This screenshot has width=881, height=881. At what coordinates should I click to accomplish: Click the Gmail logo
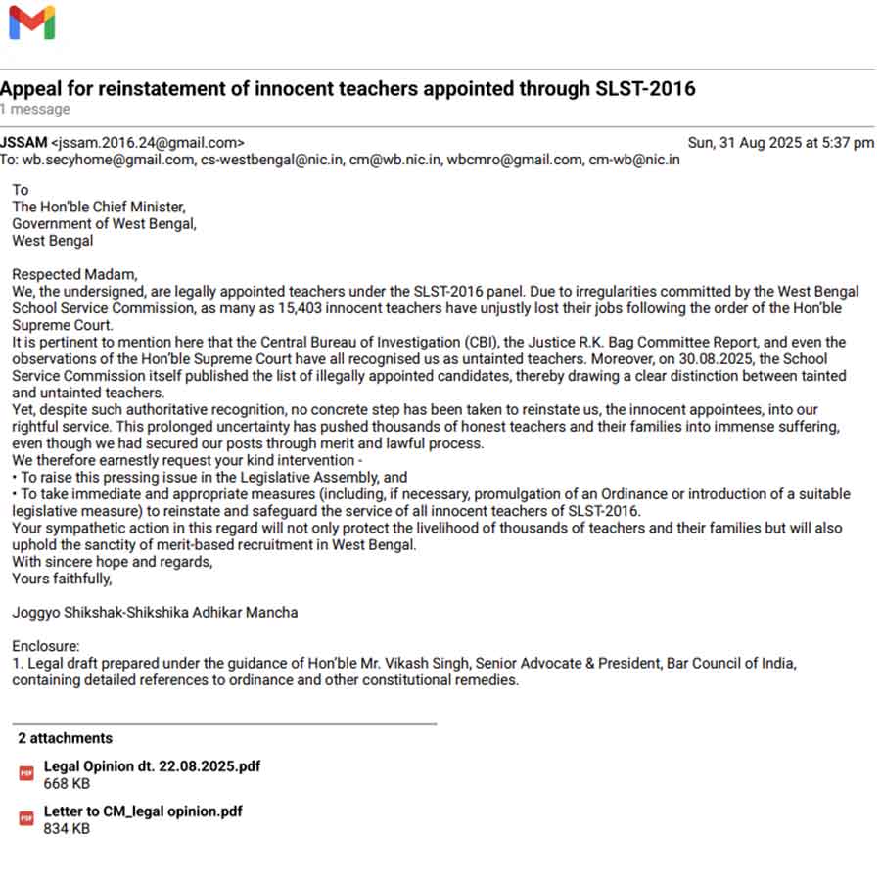31,23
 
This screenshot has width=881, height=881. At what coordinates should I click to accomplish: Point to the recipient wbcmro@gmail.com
514,160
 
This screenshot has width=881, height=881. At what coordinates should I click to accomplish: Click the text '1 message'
35,109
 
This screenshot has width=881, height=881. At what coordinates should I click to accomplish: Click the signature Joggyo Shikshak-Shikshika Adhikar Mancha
155,613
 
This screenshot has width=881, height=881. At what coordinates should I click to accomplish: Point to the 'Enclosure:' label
46,646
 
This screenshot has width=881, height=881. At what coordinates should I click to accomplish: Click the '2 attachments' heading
65,738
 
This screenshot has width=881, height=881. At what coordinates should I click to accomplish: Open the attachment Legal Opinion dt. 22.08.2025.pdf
152,766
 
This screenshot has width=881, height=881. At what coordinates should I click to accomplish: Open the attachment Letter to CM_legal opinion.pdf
143,811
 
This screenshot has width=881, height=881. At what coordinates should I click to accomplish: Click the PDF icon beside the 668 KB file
27,774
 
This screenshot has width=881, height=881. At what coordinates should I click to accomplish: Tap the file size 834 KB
67,828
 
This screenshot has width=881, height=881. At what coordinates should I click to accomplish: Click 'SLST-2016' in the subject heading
645,89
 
